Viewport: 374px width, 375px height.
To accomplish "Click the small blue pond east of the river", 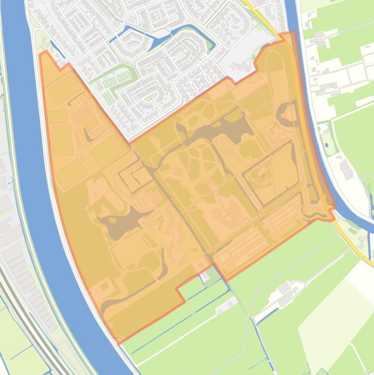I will click(326, 145).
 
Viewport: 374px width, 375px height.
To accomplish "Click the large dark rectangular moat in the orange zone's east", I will click(267, 173).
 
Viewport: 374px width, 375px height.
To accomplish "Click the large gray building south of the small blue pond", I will click(346, 168).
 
